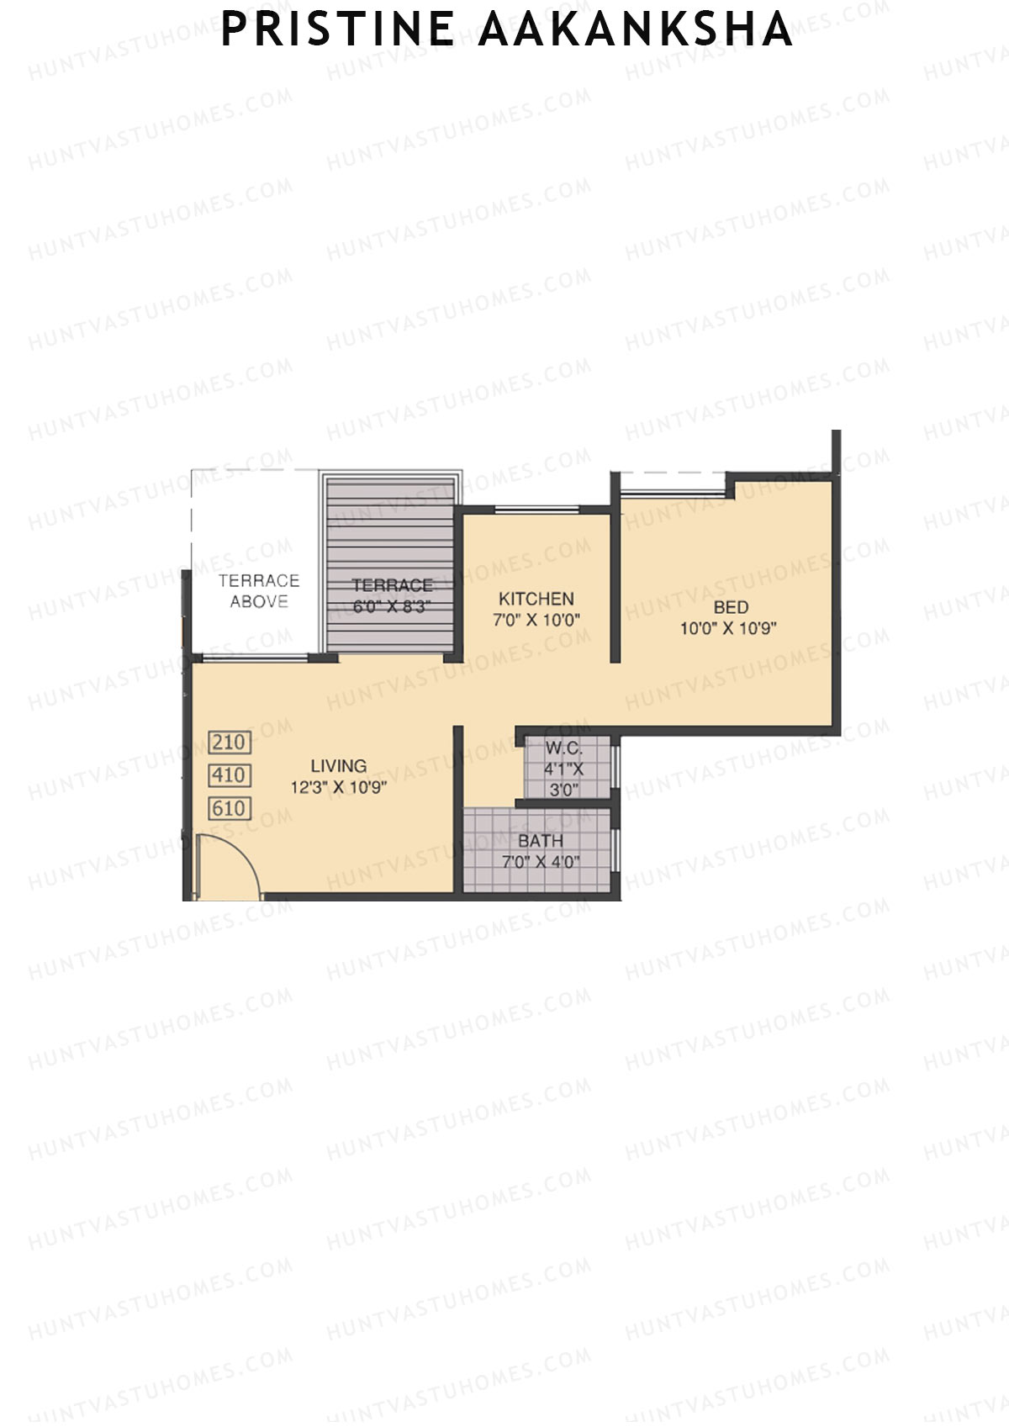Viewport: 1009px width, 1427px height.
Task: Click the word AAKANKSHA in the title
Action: click(x=636, y=29)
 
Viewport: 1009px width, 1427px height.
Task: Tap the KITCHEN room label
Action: click(x=536, y=599)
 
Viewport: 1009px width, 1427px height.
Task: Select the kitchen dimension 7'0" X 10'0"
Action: click(x=536, y=621)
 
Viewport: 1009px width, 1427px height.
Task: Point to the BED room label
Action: click(x=731, y=606)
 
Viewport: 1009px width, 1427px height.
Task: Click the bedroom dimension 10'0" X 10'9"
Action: click(x=728, y=628)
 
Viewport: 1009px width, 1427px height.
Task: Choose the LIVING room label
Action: click(x=339, y=766)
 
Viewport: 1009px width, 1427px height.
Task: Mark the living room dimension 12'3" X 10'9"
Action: click(x=339, y=788)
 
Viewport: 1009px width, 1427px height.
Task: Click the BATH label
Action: click(x=541, y=841)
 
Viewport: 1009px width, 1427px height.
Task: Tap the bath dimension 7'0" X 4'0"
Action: click(x=541, y=862)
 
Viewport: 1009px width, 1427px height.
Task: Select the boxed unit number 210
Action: click(x=230, y=743)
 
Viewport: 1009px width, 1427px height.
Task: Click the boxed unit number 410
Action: click(x=230, y=775)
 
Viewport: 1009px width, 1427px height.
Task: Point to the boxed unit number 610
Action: click(x=230, y=809)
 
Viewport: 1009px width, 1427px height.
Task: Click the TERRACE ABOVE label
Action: click(x=259, y=590)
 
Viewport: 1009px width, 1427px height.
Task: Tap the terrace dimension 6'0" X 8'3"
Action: click(x=393, y=607)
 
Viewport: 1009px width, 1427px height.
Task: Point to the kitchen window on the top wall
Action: click(x=536, y=508)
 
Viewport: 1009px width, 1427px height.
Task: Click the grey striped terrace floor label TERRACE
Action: click(x=393, y=585)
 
